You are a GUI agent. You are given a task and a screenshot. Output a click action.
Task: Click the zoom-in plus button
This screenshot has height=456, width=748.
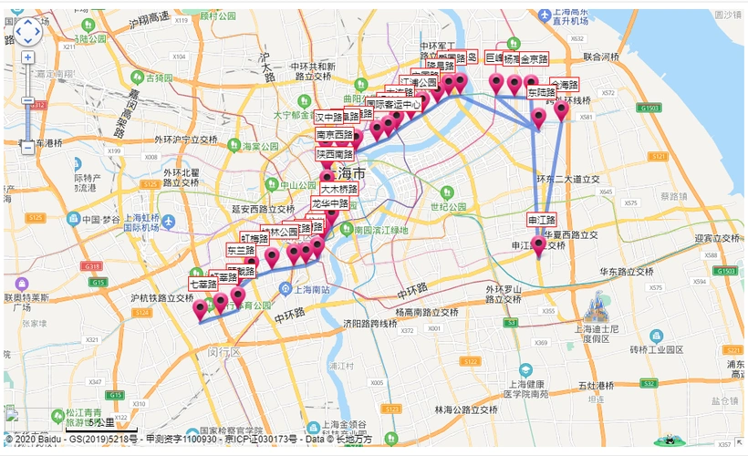[x=27, y=57]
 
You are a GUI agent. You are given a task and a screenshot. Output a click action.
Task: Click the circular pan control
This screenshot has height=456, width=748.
[x=26, y=32]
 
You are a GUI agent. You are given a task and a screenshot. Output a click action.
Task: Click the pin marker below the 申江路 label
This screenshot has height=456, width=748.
[x=538, y=244]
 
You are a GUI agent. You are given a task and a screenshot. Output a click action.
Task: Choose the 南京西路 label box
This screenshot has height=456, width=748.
[x=335, y=135]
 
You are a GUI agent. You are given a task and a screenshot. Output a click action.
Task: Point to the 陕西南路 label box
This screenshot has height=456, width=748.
[x=335, y=154]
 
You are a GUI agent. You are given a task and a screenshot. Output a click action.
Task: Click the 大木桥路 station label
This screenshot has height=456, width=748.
[x=338, y=189]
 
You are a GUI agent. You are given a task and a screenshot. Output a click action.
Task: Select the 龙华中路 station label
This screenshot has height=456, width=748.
[x=330, y=203]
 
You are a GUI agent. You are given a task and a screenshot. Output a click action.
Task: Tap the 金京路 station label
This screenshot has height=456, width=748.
[x=534, y=58]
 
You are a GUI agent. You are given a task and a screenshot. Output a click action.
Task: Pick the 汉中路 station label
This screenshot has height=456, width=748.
[x=329, y=118]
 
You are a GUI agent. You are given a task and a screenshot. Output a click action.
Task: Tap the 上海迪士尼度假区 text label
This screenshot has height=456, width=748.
[x=597, y=332]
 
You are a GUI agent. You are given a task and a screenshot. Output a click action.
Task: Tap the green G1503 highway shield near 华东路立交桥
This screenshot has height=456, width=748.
[x=726, y=272]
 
